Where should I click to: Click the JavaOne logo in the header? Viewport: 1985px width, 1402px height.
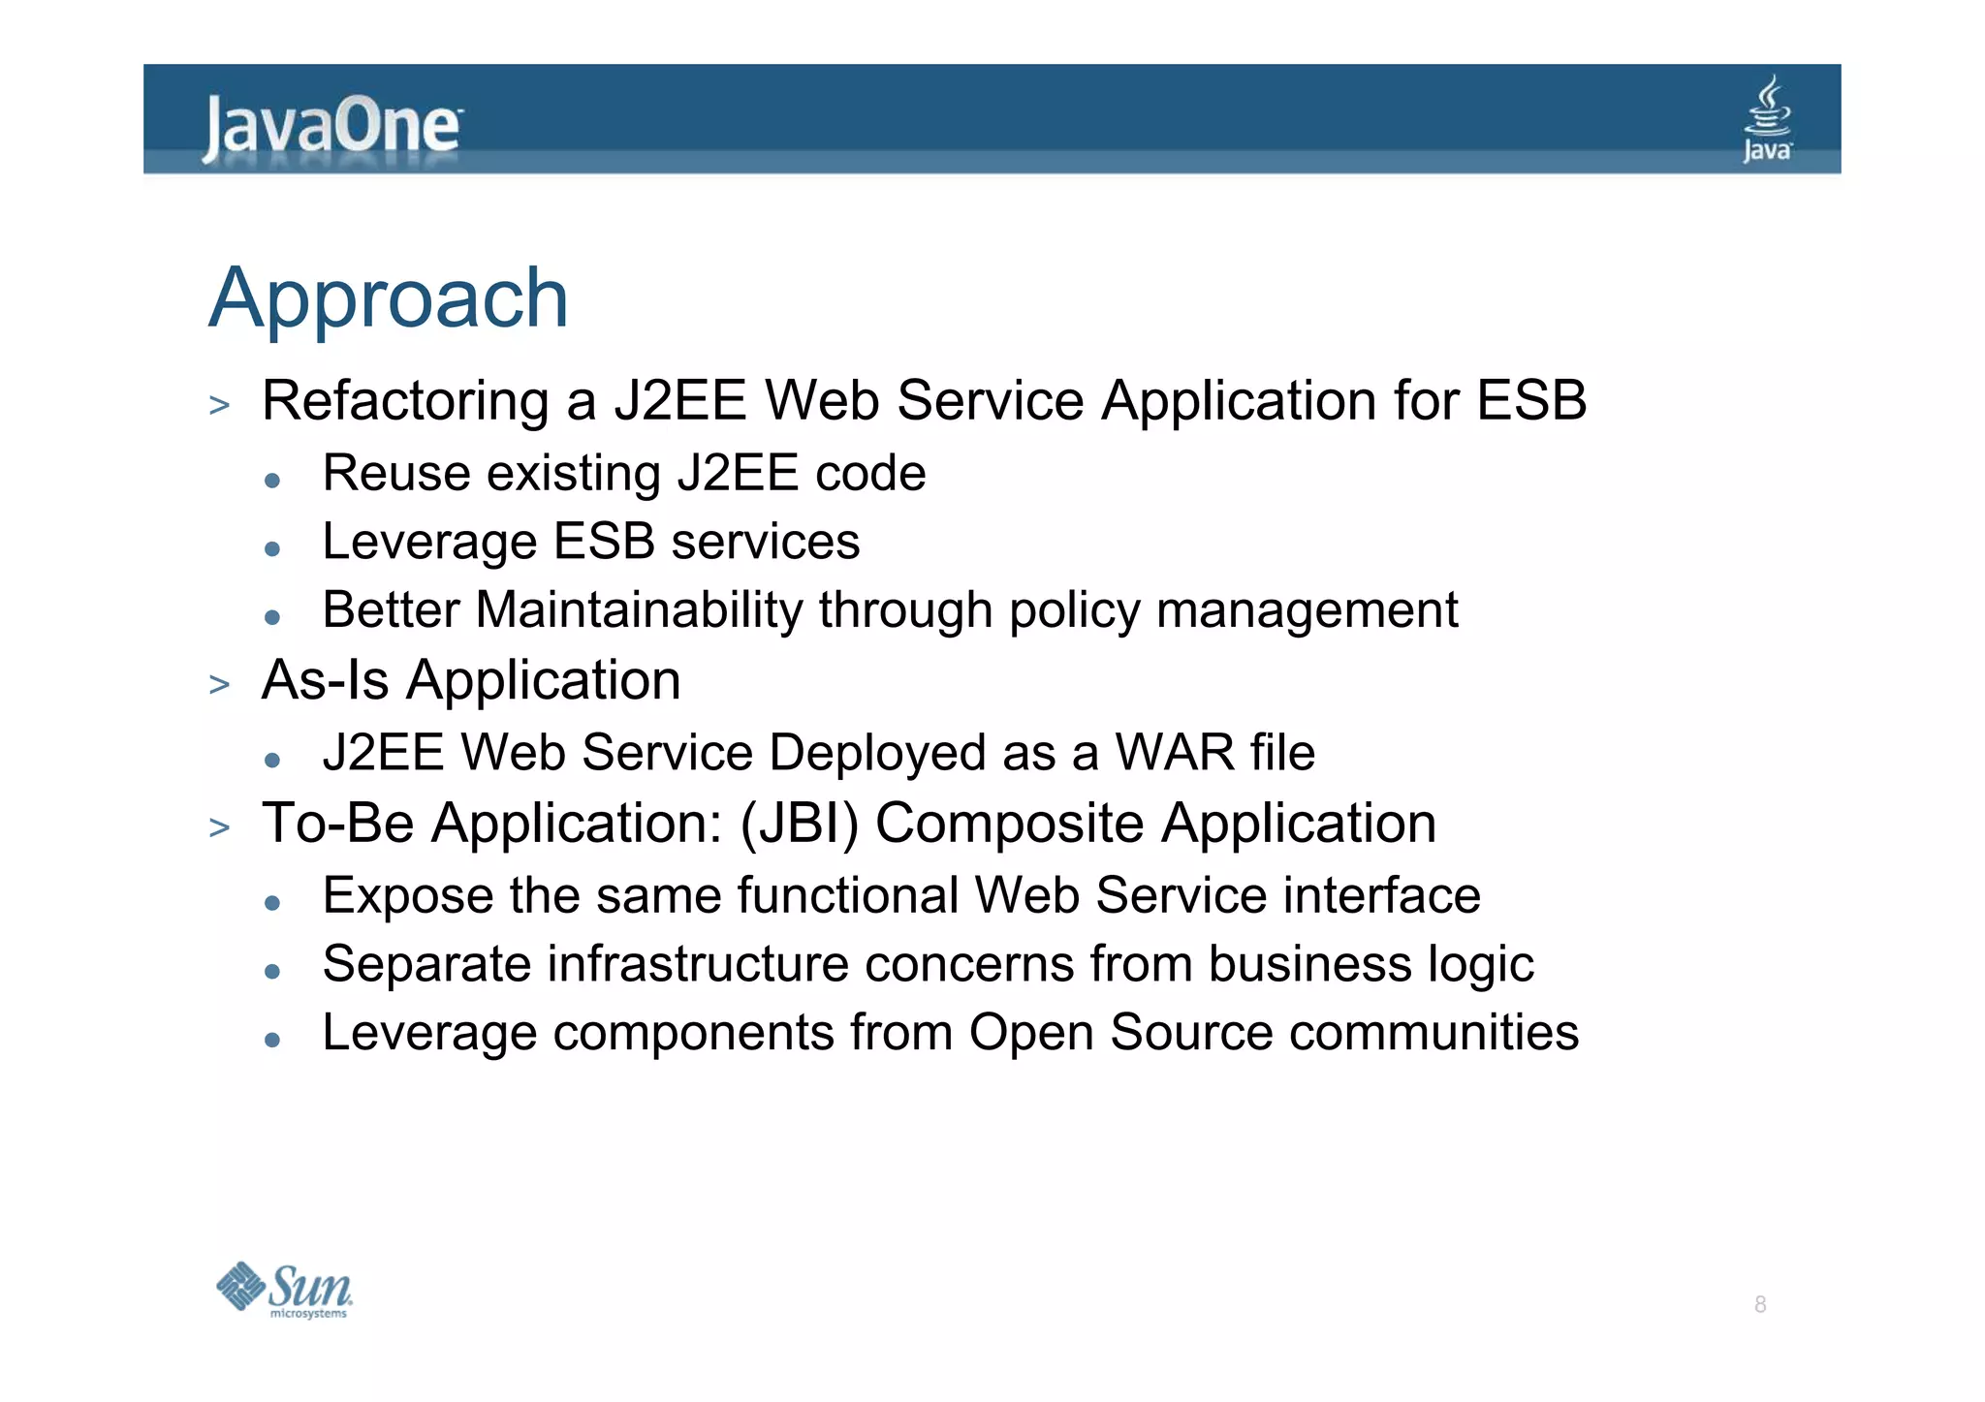[331, 127]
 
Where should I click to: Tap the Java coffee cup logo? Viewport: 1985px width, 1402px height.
[1767, 118]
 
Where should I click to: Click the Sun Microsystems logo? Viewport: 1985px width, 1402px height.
[284, 1290]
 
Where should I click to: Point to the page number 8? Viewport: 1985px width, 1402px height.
[1759, 1304]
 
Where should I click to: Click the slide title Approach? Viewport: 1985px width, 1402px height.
[389, 298]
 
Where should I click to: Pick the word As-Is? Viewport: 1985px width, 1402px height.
[325, 680]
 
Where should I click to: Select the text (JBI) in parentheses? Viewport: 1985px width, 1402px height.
[799, 824]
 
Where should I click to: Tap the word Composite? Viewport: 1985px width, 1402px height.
[1009, 825]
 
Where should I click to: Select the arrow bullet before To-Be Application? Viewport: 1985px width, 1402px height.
[220, 827]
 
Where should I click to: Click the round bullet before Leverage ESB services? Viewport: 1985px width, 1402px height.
[272, 549]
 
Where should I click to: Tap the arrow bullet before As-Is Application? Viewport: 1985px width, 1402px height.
[220, 684]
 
